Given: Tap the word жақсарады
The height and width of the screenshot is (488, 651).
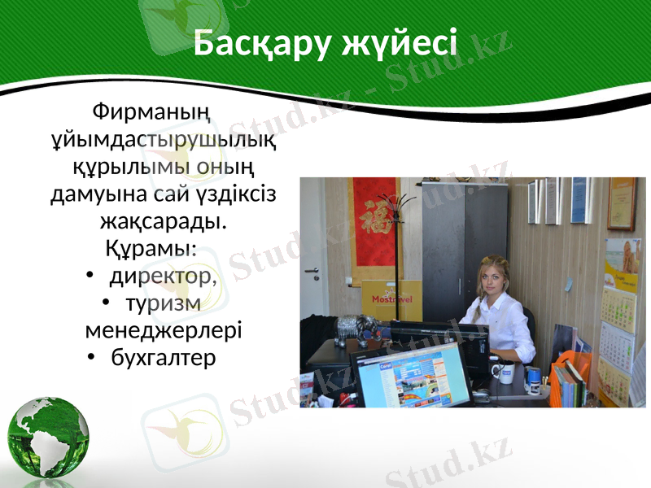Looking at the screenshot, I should click(163, 221).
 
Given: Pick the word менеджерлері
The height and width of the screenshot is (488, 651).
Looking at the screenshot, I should click(163, 332).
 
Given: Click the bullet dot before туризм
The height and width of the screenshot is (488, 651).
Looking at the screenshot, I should click(107, 303).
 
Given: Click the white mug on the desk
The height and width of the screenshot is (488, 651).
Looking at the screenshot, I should click(505, 373).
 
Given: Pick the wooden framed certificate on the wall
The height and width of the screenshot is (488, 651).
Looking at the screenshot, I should click(622, 203).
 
